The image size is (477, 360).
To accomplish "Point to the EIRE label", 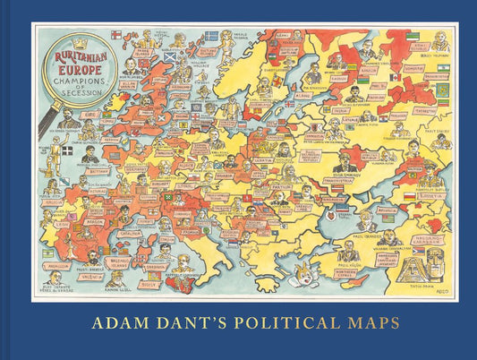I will click(92, 115).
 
